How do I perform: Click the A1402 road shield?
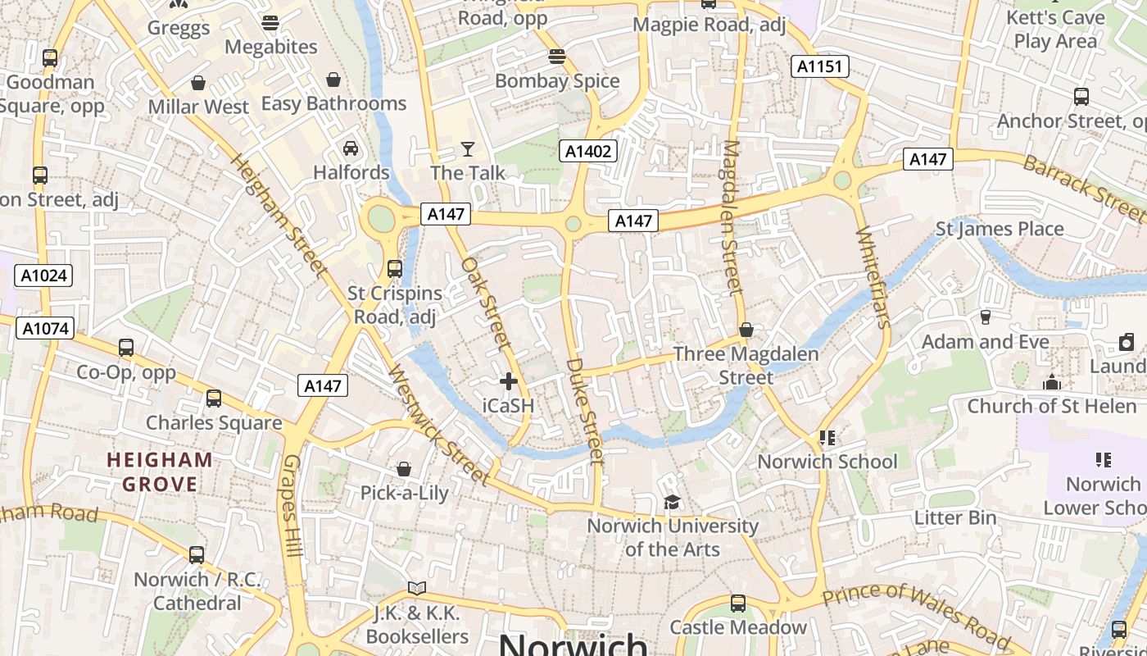click(x=588, y=150)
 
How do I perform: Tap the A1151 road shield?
click(x=819, y=66)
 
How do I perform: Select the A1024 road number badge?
click(x=43, y=276)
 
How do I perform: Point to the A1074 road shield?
click(x=46, y=329)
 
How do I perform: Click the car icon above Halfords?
click(x=351, y=148)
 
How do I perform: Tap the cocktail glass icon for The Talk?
click(x=468, y=148)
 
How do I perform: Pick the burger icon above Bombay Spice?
click(x=557, y=57)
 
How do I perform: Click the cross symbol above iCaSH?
click(x=509, y=381)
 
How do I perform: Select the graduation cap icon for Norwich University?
click(x=672, y=502)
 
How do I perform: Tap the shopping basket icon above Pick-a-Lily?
click(x=404, y=469)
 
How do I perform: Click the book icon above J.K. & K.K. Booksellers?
click(x=417, y=588)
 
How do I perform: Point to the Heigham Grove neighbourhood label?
click(x=161, y=471)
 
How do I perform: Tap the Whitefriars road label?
click(x=872, y=278)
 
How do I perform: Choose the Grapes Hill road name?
click(x=292, y=508)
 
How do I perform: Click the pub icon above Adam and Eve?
click(x=986, y=317)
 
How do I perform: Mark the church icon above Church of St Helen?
click(x=1052, y=382)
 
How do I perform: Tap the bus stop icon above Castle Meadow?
click(x=738, y=604)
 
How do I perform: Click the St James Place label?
click(x=1000, y=229)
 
